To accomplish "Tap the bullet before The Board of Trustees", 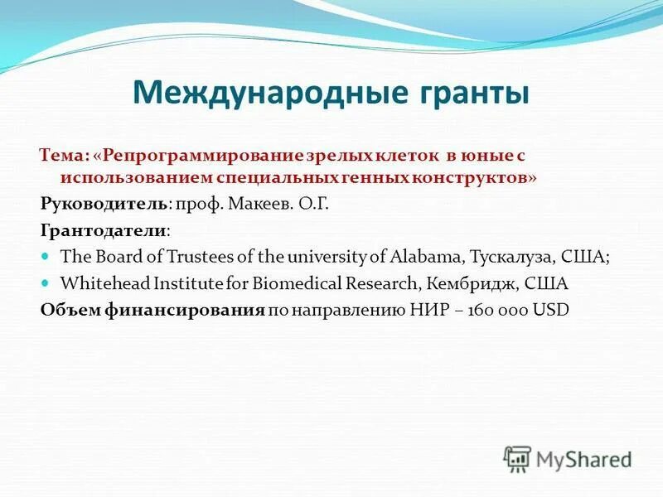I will (46, 257).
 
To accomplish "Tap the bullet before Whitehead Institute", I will (46, 283).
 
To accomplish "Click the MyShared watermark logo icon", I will (517, 457).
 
